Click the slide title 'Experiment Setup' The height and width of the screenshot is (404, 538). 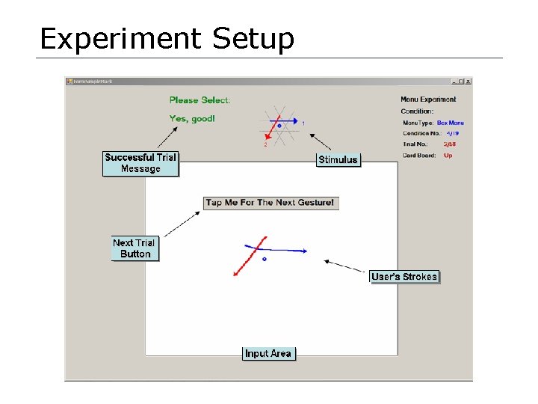pos(167,38)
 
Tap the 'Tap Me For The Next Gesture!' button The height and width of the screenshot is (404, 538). pos(270,203)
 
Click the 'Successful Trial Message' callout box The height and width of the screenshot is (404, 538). pos(140,163)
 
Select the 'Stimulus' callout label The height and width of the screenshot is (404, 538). pos(338,159)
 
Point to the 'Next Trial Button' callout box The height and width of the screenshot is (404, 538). pos(134,248)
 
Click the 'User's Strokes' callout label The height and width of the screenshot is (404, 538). pos(403,277)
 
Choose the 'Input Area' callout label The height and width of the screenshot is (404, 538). pos(268,353)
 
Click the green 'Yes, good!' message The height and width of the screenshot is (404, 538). pos(192,118)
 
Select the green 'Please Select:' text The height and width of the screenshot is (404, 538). pos(200,100)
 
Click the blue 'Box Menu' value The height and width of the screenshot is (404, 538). pos(450,123)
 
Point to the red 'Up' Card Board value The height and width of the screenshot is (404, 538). pos(448,156)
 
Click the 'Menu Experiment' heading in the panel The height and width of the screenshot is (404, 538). pos(427,100)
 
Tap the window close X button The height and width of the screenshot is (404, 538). pos(468,81)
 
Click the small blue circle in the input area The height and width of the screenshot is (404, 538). pos(265,259)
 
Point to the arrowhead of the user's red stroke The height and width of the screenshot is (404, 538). pos(236,275)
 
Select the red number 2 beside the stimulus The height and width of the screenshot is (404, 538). pos(265,145)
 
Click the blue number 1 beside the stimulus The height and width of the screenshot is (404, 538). pos(303,123)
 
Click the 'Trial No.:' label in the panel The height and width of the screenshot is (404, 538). pos(415,144)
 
